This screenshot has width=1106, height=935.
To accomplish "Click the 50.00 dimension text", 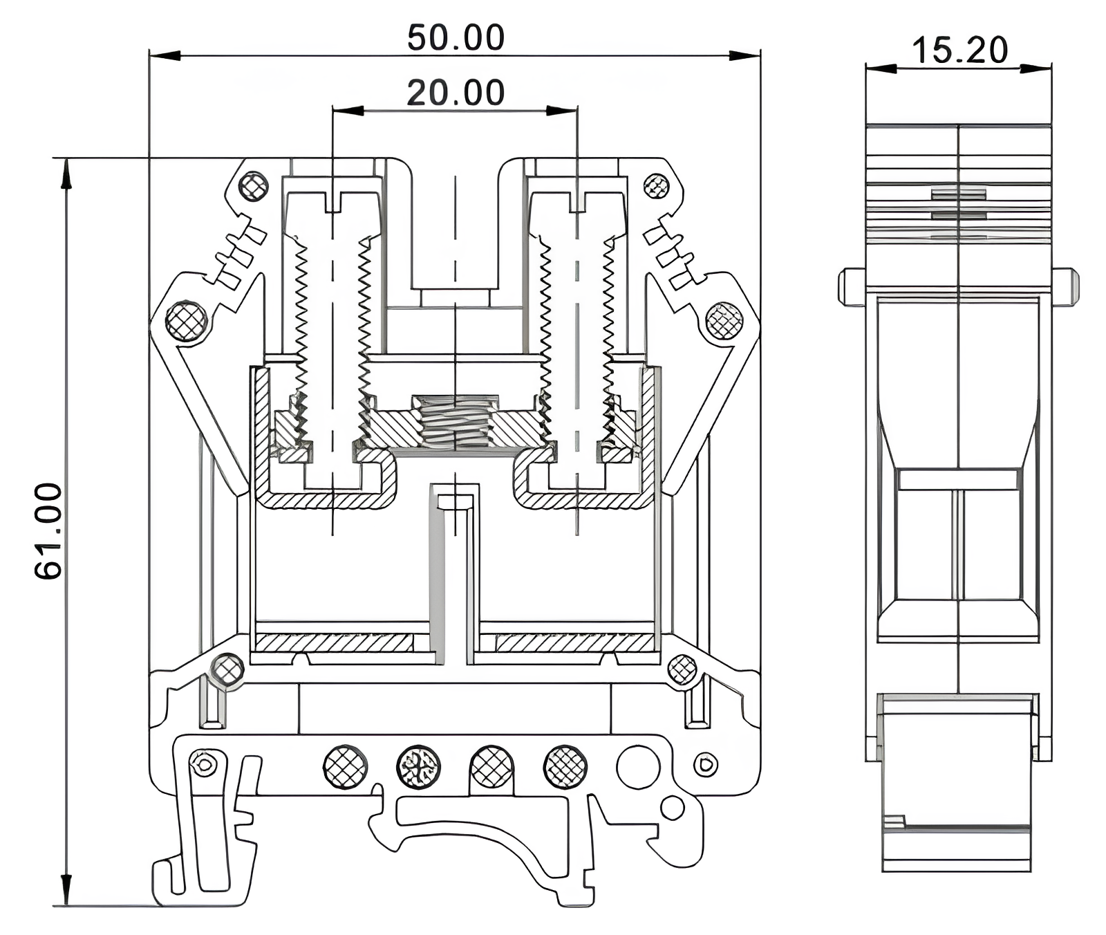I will tap(456, 38).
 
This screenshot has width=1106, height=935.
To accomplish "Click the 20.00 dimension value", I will tap(456, 93).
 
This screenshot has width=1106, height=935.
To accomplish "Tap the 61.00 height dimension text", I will tap(48, 530).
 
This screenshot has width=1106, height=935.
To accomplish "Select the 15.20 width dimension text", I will tap(959, 50).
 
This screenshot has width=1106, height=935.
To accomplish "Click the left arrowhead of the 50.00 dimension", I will tap(165, 55).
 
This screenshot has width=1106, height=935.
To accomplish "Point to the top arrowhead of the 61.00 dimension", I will tap(66, 173).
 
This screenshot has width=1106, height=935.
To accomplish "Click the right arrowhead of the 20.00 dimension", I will tap(561, 111).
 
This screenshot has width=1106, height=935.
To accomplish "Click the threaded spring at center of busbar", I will tap(455, 422).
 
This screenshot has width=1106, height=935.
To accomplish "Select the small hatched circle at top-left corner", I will tap(254, 186).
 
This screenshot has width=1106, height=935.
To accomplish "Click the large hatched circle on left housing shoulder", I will tap(187, 321).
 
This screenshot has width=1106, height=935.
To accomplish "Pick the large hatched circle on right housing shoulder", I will tap(724, 321).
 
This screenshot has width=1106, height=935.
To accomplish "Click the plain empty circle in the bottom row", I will tap(637, 767).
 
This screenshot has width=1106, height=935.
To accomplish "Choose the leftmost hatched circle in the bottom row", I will tap(345, 767).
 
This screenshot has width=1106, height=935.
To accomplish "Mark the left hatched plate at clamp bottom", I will tap(334, 642).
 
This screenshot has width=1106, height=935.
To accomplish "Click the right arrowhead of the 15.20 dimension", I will tap(1036, 68).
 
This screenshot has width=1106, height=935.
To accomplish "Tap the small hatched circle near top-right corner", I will tap(656, 186).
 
